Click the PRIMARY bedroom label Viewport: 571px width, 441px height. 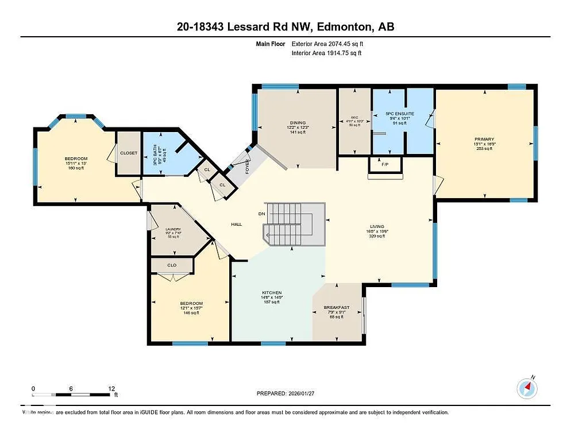pyautogui.click(x=484, y=139)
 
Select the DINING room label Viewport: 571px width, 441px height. pyautogui.click(x=298, y=122)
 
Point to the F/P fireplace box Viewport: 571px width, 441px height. pyautogui.click(x=385, y=164)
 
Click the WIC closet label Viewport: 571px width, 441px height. pyautogui.click(x=354, y=118)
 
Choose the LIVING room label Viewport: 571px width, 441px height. pyautogui.click(x=377, y=226)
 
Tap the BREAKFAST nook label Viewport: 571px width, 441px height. pyautogui.click(x=337, y=308)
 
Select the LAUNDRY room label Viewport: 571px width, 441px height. pyautogui.click(x=173, y=229)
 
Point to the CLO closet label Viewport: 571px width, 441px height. pyautogui.click(x=172, y=265)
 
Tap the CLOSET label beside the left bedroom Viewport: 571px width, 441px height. pyautogui.click(x=129, y=153)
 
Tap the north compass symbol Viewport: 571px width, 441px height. pyautogui.click(x=527, y=389)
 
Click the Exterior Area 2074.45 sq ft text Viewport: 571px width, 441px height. pyautogui.click(x=327, y=43)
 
